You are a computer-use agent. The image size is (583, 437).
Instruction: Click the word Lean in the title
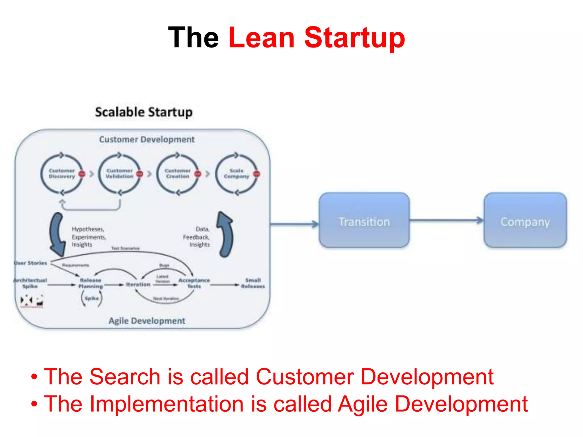point(261,38)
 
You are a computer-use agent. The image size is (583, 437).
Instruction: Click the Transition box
point(364,220)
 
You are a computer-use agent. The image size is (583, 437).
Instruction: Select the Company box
point(525,220)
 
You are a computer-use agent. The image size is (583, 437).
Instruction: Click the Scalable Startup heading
point(144,112)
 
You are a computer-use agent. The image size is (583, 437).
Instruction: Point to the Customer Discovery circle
point(62,174)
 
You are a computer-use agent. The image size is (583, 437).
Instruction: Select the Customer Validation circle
point(120,174)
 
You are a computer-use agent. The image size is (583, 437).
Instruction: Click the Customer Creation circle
point(178,174)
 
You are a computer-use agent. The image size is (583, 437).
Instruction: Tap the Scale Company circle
point(236,174)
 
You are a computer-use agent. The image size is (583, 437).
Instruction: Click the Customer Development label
point(147,139)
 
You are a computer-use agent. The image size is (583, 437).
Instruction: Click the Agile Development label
point(147,321)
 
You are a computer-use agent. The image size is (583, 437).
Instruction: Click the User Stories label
point(30,263)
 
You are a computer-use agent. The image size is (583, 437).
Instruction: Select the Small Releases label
point(253,283)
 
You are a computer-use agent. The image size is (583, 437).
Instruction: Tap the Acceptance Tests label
point(194,283)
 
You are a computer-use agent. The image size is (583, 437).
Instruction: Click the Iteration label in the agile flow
point(138,285)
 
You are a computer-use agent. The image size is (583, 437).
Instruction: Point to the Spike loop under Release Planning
point(92,298)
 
